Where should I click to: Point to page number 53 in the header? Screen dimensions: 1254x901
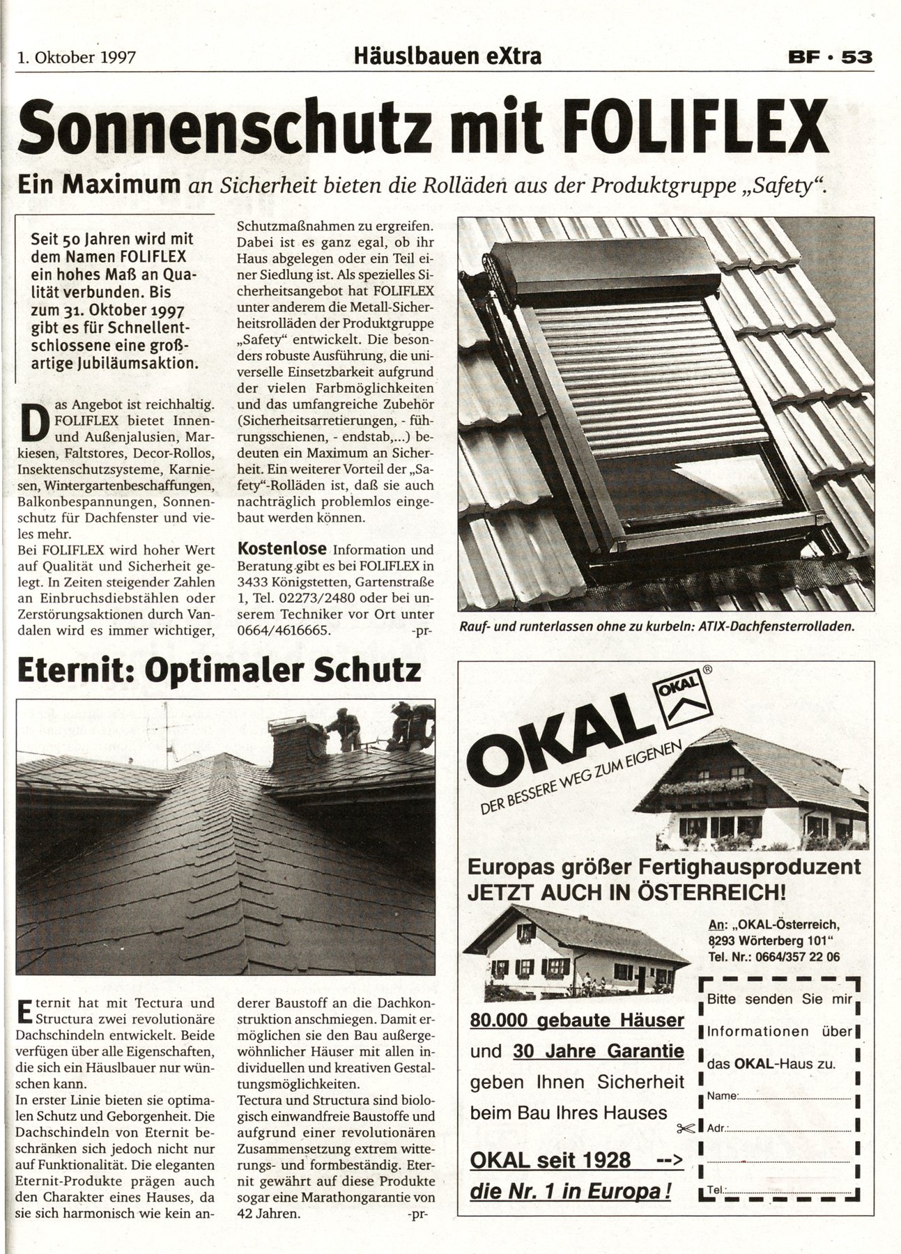[x=856, y=57]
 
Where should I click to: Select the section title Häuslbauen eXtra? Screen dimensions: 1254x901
[x=447, y=56]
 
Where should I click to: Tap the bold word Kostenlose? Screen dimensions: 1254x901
[x=282, y=549]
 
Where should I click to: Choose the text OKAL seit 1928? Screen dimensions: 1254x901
[x=550, y=1160]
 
